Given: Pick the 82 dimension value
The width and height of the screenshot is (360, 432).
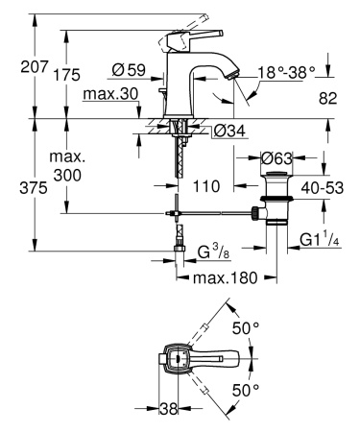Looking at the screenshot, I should (x=329, y=99).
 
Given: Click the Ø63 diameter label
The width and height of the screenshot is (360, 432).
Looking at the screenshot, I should (x=278, y=156).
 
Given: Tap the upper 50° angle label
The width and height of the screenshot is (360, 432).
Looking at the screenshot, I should (x=249, y=329).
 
